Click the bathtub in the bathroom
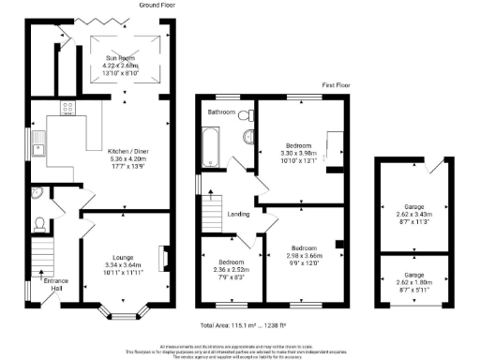pyautogui.click(x=209, y=147)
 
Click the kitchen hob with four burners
pyautogui.click(x=68, y=109)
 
